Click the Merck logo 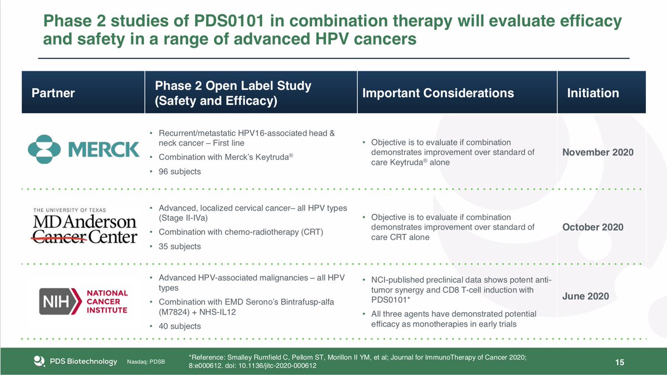[x=83, y=148]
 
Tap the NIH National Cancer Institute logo [x=83, y=301]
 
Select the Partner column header [x=53, y=93]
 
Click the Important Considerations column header [x=438, y=93]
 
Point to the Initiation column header [x=593, y=93]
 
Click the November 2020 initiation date [x=598, y=152]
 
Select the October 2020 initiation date [x=593, y=227]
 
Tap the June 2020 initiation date [x=585, y=296]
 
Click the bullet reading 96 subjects [x=180, y=172]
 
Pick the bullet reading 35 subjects [x=180, y=246]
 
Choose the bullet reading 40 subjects [x=180, y=326]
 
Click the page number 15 [x=620, y=363]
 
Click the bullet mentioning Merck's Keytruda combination [x=225, y=157]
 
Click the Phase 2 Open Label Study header [x=233, y=93]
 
